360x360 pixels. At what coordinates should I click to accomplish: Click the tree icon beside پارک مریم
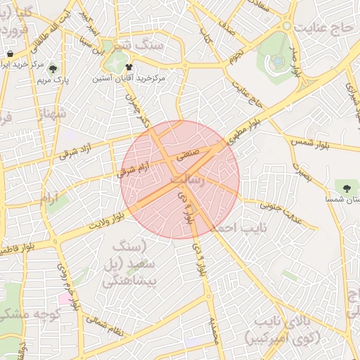click(x=53, y=69)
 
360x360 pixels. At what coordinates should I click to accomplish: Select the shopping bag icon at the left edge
click(x=10, y=54)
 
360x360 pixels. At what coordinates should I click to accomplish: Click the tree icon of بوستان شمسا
click(x=347, y=187)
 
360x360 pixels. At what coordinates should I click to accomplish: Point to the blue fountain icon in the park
click(x=278, y=61)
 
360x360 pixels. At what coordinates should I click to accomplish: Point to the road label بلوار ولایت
click(x=110, y=222)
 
